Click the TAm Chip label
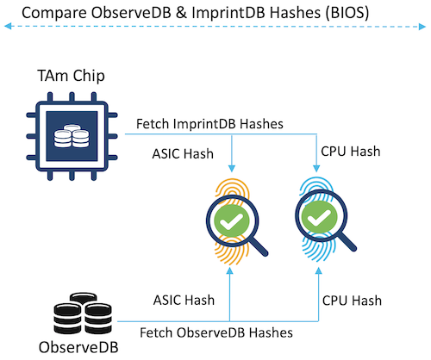[71, 76]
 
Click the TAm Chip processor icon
[72, 136]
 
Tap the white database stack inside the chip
[72, 136]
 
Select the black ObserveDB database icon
[83, 313]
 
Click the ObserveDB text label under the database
[78, 347]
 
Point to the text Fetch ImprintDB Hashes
[209, 124]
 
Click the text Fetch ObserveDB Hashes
[216, 332]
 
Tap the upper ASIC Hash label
[183, 154]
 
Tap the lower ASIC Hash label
[184, 301]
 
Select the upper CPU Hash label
[351, 152]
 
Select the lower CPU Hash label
[352, 301]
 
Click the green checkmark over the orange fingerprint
[232, 220]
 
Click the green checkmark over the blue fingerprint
[319, 217]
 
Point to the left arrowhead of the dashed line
[8, 27]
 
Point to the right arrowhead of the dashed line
[422, 27]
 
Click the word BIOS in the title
[347, 13]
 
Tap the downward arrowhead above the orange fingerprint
[232, 169]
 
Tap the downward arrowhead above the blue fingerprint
[316, 169]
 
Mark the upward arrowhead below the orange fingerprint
[229, 270]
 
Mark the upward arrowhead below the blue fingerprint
[318, 270]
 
